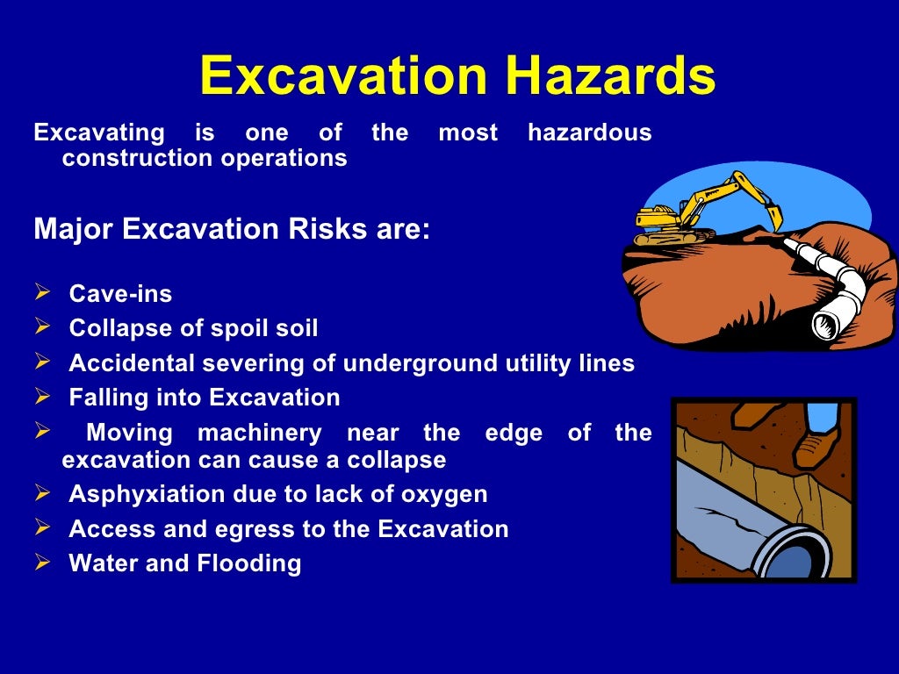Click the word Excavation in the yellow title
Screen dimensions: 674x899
[x=342, y=77]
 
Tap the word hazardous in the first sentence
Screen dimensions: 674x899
[x=589, y=133]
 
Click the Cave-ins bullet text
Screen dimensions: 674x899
[x=120, y=293]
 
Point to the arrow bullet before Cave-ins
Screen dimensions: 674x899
[x=42, y=292]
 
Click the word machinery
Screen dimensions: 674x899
[x=260, y=433]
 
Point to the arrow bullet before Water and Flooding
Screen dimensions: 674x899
[x=42, y=563]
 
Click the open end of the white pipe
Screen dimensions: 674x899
[x=825, y=325]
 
